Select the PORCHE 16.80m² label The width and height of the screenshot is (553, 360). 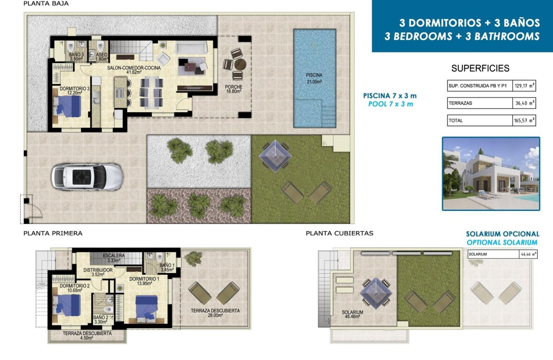tap(233, 89)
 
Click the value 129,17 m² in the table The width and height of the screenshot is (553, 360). tap(524, 86)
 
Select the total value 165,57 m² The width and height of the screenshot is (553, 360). tap(524, 121)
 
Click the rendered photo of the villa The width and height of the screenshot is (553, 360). tap(491, 174)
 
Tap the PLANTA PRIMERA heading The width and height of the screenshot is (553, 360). tap(53, 234)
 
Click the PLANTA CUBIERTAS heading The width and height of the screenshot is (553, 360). tap(339, 234)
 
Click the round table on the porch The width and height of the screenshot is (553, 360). tap(240, 65)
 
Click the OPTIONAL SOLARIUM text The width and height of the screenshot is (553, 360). tap(502, 243)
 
